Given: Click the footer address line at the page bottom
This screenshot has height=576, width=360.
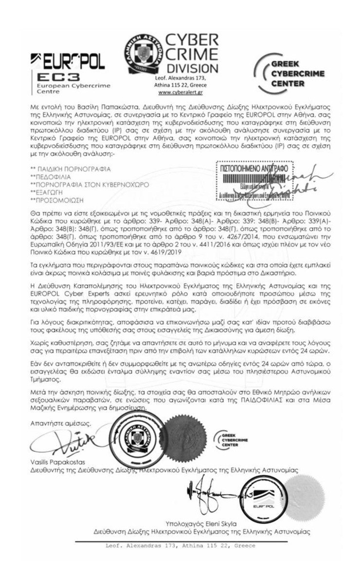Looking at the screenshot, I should [180, 546].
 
